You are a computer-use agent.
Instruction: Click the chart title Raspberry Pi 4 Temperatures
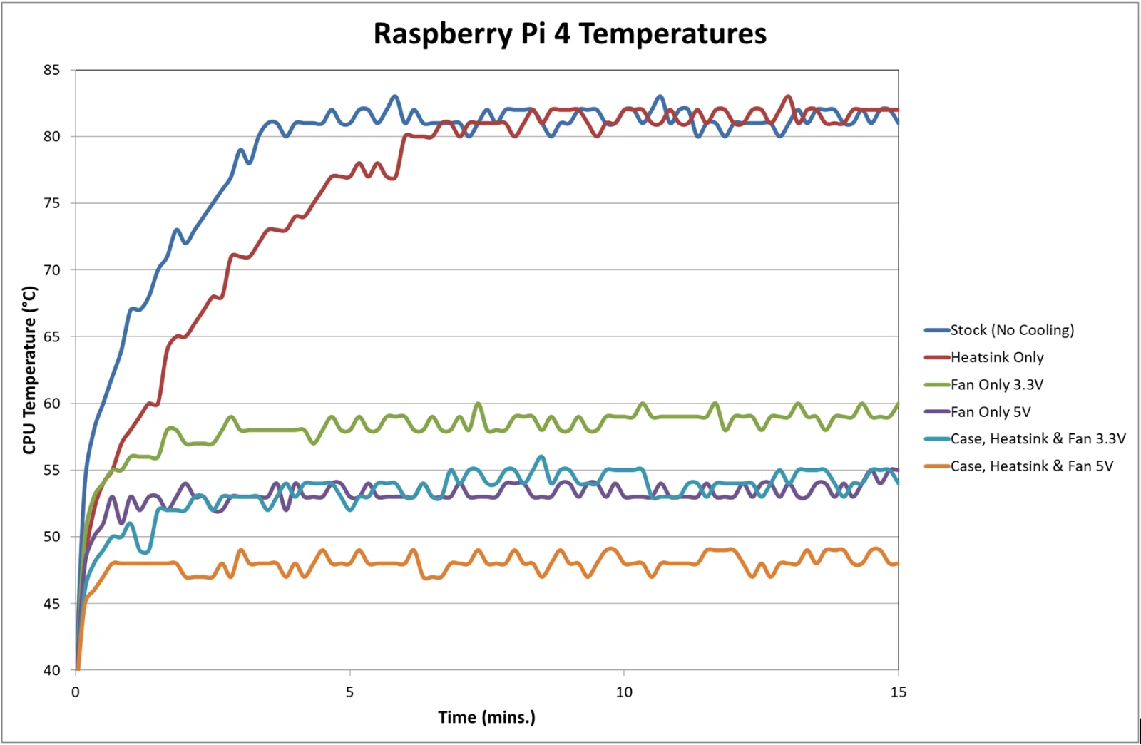pos(570,34)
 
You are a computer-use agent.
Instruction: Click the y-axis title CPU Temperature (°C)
pos(29,369)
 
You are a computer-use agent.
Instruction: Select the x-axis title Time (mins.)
pos(486,717)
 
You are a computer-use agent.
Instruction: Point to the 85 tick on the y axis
pos(51,70)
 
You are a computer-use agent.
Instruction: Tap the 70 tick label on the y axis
pos(51,270)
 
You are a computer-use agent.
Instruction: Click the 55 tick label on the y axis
pos(51,470)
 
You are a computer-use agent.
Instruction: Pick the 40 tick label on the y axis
pos(51,670)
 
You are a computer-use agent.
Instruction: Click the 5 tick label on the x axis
pos(349,692)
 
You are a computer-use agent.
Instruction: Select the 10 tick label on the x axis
pos(624,692)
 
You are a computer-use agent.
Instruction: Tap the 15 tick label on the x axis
pos(898,692)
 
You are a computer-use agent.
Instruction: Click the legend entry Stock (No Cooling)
pos(1011,330)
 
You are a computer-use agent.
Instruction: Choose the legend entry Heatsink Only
pos(996,357)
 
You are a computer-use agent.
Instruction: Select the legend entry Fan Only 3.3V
pos(996,385)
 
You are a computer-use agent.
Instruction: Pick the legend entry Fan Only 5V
pos(990,412)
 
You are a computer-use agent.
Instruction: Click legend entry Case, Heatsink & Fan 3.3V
pos(1038,439)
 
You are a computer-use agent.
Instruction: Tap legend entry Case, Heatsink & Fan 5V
pos(1031,466)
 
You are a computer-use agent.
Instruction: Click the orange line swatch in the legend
pos(936,466)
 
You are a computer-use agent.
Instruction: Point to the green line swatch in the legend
pos(936,385)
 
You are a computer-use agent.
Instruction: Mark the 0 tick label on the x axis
pos(76,692)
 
